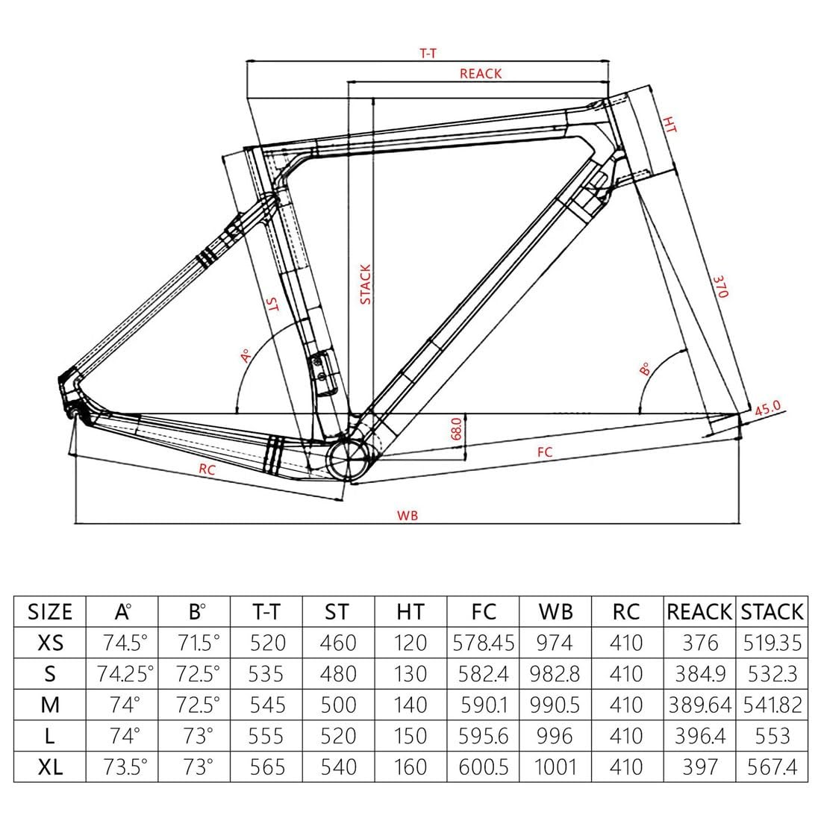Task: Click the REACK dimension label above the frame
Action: point(481,73)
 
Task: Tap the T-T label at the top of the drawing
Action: point(428,54)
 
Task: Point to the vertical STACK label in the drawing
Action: point(366,284)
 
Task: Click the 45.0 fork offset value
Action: point(767,408)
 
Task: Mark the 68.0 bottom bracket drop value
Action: point(457,429)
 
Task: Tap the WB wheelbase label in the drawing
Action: point(407,515)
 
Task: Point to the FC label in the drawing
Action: point(544,452)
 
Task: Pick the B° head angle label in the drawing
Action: point(645,368)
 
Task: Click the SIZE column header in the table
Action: point(50,612)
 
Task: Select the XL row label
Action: point(50,767)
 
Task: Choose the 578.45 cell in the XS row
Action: point(483,643)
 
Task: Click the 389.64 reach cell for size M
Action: point(699,705)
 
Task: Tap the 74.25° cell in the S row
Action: point(124,674)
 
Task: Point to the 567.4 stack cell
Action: point(772,767)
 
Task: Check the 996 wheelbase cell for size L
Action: point(555,736)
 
